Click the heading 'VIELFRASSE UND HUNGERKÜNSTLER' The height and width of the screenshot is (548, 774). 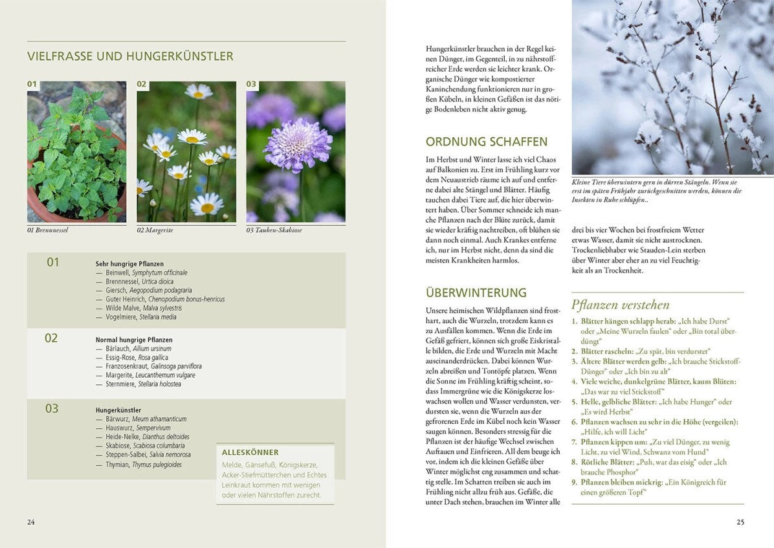(130, 56)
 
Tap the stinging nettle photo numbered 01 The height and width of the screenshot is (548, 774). (76, 152)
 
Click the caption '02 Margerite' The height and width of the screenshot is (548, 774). (156, 230)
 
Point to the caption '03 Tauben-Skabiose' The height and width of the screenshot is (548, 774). (274, 230)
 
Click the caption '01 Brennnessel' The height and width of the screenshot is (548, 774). (47, 230)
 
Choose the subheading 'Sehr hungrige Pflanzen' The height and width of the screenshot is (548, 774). (129, 264)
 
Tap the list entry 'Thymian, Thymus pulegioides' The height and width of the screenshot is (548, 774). (143, 465)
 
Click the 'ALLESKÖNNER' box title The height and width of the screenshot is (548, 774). (250, 452)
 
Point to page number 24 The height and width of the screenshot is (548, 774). (31, 522)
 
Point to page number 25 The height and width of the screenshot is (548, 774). (740, 522)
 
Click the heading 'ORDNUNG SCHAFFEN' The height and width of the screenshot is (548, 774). (487, 142)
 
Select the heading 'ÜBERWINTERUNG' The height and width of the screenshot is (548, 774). (476, 292)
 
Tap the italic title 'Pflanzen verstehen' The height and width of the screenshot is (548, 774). (620, 305)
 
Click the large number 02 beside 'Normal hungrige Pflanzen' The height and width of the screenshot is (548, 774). (51, 338)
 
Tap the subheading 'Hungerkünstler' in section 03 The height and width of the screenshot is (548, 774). (118, 410)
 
